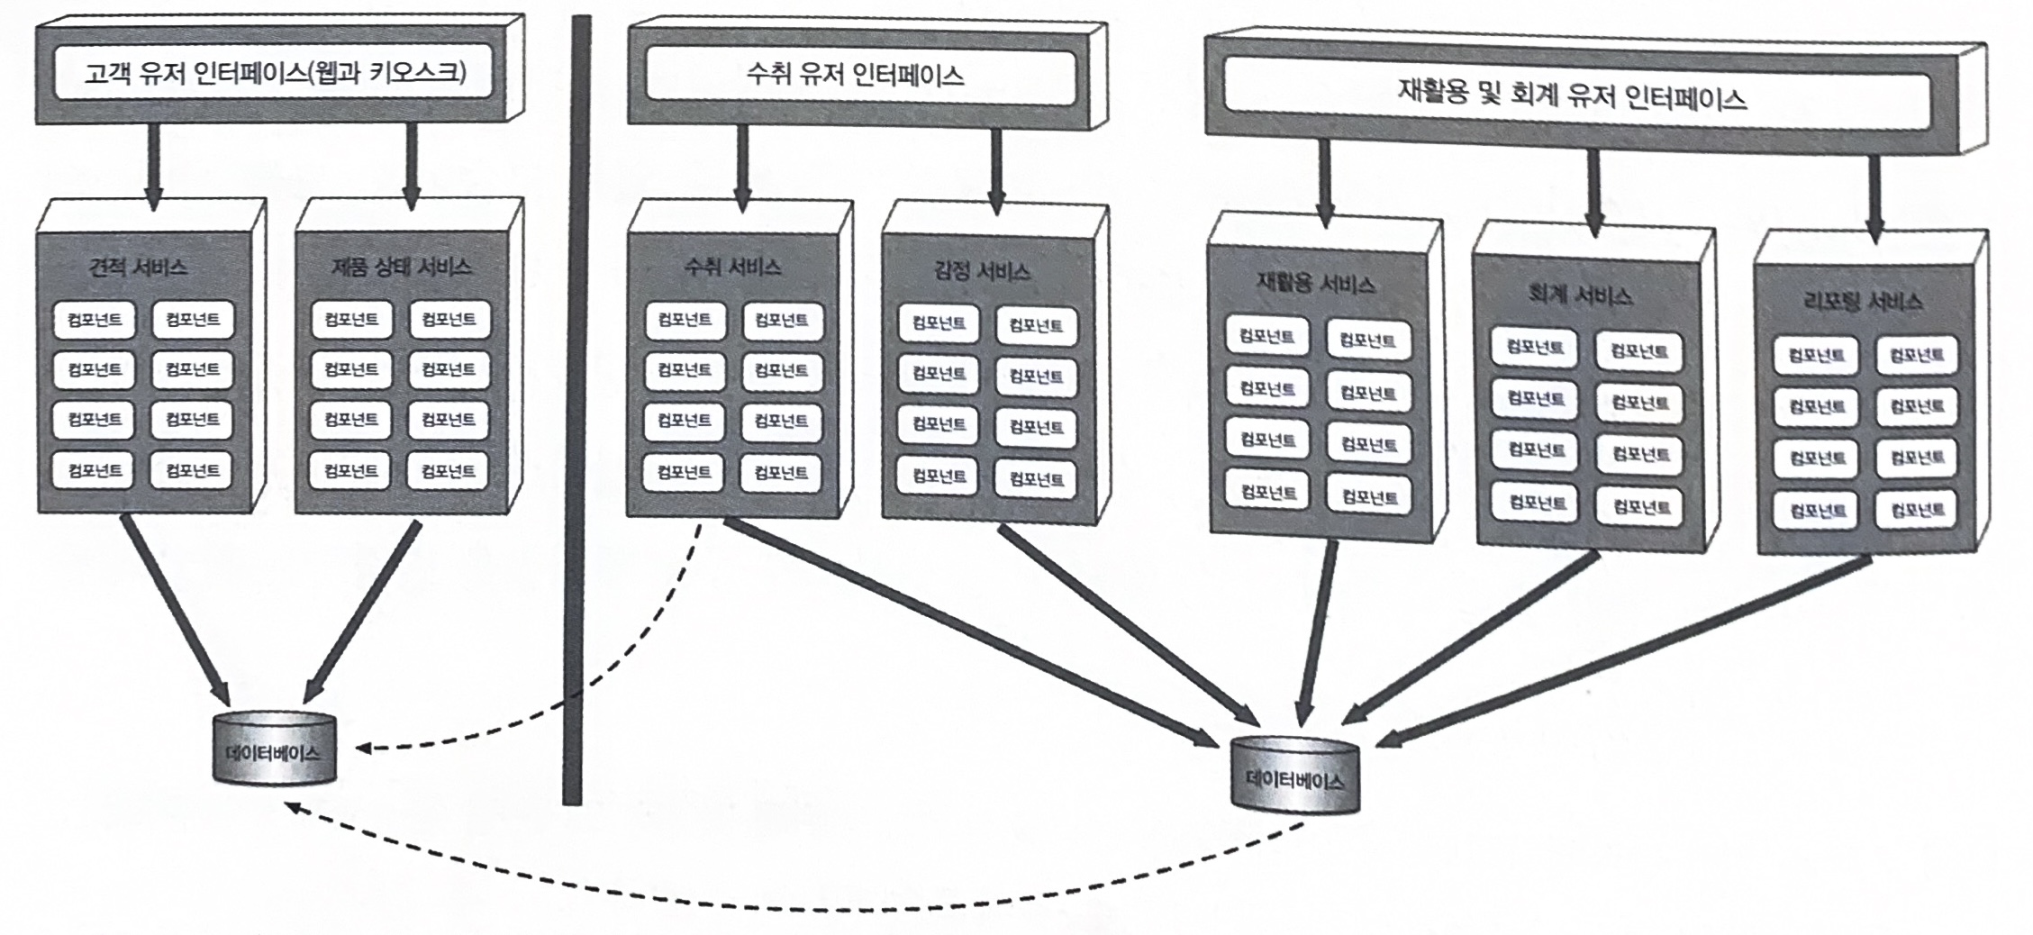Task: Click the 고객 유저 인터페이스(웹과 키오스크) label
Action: tap(276, 72)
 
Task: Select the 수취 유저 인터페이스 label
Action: tap(855, 74)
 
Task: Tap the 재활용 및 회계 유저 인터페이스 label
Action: tap(1572, 95)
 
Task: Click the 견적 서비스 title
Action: tap(138, 268)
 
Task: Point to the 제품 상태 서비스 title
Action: tap(401, 267)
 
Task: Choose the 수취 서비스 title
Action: tap(732, 267)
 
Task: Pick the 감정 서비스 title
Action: tap(982, 271)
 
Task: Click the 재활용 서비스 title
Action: tap(1315, 285)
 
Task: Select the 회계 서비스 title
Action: tap(1580, 295)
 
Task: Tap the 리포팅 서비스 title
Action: tap(1862, 302)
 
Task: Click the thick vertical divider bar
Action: tap(576, 405)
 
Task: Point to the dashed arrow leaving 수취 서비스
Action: tap(631, 658)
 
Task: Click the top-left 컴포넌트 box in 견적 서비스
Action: tap(94, 320)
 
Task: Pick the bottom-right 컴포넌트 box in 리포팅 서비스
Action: tap(1916, 511)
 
